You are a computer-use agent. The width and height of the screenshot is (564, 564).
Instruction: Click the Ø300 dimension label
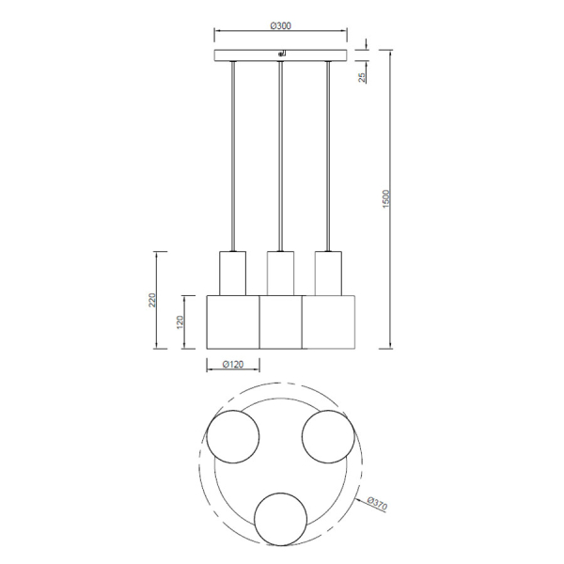click(280, 26)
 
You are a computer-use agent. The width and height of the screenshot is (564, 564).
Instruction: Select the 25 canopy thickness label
click(364, 76)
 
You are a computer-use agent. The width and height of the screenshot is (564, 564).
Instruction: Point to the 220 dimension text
click(151, 300)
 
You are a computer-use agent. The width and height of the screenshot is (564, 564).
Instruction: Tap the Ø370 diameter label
click(377, 504)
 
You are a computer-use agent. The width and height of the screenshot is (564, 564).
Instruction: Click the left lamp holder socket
click(232, 273)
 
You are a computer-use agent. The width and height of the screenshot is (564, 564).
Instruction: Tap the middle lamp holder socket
click(280, 273)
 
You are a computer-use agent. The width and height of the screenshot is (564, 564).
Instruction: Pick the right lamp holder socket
click(327, 273)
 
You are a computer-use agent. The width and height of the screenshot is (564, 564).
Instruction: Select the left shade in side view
click(232, 321)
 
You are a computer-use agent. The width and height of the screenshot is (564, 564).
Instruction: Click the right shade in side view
click(329, 321)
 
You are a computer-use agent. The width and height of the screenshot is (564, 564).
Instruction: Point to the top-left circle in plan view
click(232, 439)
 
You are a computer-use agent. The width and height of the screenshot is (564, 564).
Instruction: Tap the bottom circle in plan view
click(281, 518)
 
